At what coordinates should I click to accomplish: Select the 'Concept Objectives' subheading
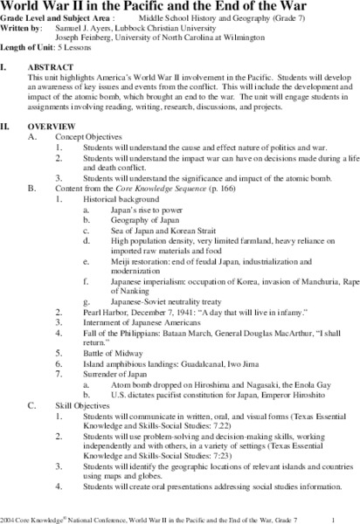click(84, 137)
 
